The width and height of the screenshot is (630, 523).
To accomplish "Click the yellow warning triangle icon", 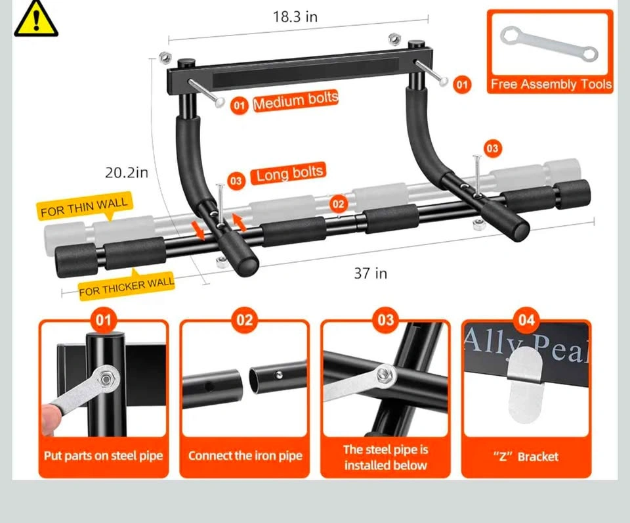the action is coord(35,19).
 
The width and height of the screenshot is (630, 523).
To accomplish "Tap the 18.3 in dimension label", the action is coord(295,17).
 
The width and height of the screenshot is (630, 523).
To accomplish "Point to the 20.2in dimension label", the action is coord(126,173).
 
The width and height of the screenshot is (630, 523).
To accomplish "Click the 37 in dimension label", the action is coord(370,273).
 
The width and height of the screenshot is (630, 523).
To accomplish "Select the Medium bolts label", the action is coord(296,101).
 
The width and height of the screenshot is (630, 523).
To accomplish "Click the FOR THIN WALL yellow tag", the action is coord(85,206).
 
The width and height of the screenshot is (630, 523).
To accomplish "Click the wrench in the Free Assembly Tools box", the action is coord(549,43).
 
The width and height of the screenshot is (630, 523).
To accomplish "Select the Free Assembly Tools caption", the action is coord(551,84).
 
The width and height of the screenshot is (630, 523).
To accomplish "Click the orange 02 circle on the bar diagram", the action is coord(338,204).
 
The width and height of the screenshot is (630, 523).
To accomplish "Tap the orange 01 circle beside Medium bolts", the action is coord(239,105).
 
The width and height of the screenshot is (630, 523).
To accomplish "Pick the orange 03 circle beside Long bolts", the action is coord(236,181).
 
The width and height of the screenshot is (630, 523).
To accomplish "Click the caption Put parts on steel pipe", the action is coord(103,456).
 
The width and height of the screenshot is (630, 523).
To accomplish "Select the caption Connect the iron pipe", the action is coord(245,456).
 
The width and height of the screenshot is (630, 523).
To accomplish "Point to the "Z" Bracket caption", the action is coord(526,457).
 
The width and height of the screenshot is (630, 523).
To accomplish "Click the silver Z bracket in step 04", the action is coord(525,384).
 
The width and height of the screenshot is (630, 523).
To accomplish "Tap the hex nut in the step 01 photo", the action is coord(106,378).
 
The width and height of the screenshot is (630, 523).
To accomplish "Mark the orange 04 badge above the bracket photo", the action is coord(526,320).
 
